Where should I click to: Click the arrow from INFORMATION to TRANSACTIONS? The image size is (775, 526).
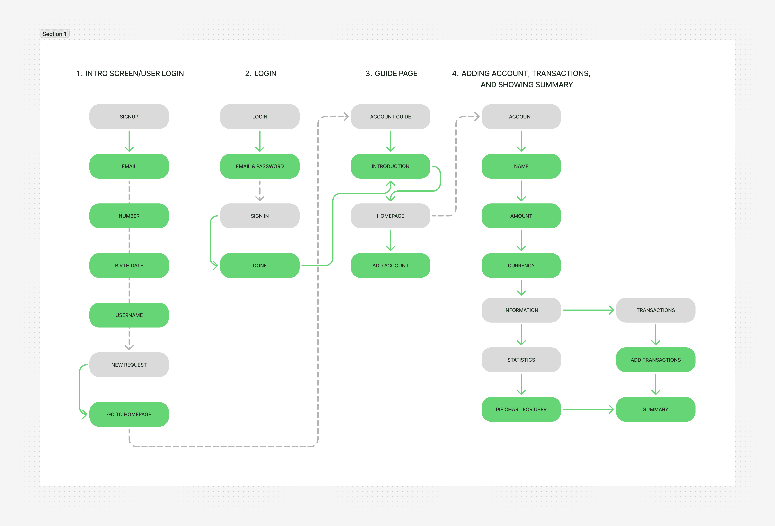tap(588, 310)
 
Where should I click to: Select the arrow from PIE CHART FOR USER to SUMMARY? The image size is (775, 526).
tap(588, 409)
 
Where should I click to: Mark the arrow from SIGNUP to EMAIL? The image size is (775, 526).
tap(129, 141)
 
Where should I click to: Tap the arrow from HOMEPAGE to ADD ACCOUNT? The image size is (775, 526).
tap(390, 241)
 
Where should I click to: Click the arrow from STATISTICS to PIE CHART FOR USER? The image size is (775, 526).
tap(521, 384)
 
